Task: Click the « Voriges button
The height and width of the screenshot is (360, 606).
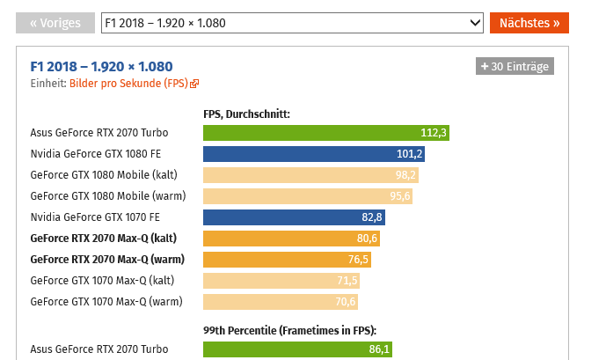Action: tap(55, 23)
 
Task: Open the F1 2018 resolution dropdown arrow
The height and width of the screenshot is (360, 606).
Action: tap(476, 23)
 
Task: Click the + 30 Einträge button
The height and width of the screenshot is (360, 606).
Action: tap(515, 66)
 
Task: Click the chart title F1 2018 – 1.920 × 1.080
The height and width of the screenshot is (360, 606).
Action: tap(102, 66)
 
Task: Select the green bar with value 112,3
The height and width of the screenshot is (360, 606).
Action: tap(326, 133)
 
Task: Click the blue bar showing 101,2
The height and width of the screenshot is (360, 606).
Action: tap(314, 154)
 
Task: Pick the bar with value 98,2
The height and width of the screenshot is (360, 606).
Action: tap(310, 175)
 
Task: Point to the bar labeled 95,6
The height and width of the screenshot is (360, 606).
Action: tap(308, 196)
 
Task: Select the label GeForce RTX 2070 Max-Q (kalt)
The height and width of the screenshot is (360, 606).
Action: tap(103, 239)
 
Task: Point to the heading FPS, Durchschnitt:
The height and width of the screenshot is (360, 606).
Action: tap(246, 114)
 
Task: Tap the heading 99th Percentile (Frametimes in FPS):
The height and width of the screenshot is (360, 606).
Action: tap(289, 330)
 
